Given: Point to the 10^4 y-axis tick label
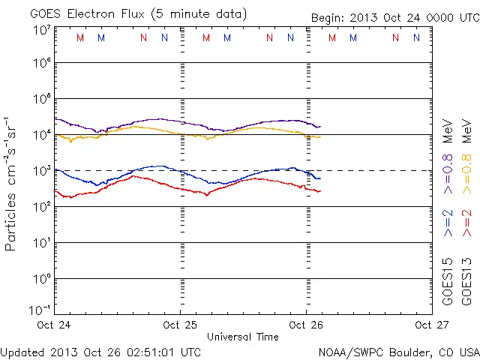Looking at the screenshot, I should [42, 135].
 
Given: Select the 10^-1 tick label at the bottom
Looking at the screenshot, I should [42, 310].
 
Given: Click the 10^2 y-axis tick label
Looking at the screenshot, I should [42, 207].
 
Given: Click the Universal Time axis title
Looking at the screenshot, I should [242, 337].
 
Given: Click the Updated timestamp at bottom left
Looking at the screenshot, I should [101, 351].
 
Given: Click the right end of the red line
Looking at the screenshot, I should [319, 191].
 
